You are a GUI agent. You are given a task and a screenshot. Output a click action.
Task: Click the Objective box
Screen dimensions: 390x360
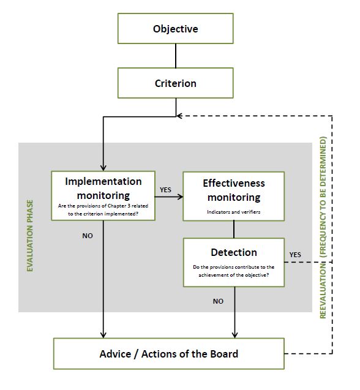coord(175,29)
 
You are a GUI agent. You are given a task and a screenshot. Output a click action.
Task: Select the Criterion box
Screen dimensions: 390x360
coord(175,83)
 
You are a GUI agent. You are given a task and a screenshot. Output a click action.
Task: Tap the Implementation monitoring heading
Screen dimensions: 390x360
coord(103,188)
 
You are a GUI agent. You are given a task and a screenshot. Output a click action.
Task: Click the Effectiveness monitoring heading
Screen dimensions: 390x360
coord(233,190)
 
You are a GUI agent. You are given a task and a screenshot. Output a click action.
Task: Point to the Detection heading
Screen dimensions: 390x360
coord(233,252)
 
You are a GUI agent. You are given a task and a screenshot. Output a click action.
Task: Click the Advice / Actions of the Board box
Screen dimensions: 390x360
coord(169,353)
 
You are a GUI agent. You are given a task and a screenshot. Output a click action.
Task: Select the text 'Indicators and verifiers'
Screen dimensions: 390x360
coord(233,212)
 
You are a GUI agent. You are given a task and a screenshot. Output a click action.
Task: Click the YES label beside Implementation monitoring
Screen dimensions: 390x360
coord(165,190)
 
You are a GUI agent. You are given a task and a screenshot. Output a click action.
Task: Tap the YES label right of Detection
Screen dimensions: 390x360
coord(295,254)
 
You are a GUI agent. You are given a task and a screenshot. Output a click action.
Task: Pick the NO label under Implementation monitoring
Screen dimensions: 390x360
coord(88,235)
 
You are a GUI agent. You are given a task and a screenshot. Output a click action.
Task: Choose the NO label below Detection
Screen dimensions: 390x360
coord(218,301)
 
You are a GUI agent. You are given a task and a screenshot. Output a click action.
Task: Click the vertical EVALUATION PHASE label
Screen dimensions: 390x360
coord(29,227)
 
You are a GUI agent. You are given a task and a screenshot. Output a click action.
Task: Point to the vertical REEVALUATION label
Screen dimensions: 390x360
coord(323,227)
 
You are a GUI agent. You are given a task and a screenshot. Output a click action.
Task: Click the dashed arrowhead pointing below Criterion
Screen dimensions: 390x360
coord(180,115)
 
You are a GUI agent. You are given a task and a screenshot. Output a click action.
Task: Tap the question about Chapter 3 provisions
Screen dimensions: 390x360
coord(103,210)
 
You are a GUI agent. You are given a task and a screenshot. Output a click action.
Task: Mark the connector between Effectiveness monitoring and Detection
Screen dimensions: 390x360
coord(234,230)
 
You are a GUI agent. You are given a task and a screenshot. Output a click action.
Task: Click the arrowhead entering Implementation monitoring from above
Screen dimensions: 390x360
coord(103,167)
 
